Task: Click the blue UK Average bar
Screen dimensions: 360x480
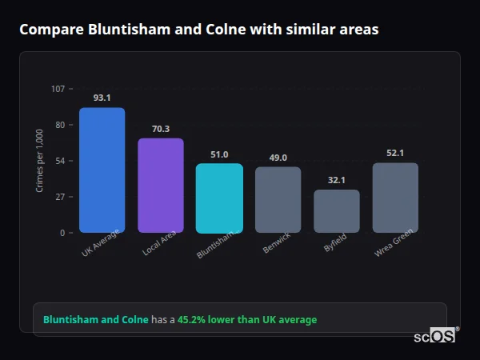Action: point(102,170)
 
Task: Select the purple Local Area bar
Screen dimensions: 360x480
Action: point(161,186)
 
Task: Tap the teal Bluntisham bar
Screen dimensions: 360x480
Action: point(219,198)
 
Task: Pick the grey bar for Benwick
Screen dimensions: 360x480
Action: point(278,200)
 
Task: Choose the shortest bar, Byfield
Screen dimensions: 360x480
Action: point(336,211)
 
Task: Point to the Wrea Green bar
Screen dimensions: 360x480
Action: point(395,198)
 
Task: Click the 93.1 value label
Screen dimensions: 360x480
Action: point(102,98)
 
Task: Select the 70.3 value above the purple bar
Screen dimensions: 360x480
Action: point(161,128)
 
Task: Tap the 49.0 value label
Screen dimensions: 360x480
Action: point(278,158)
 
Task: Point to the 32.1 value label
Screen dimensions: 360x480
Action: point(336,180)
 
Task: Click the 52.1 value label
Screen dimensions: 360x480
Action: point(395,153)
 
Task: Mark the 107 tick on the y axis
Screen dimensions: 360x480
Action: point(58,89)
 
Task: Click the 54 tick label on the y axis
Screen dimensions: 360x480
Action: point(60,161)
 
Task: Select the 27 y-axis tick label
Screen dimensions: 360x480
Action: point(60,197)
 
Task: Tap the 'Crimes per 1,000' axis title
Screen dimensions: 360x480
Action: point(40,161)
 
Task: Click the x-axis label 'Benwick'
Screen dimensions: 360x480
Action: point(276,245)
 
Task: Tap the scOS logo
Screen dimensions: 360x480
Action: point(434,336)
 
